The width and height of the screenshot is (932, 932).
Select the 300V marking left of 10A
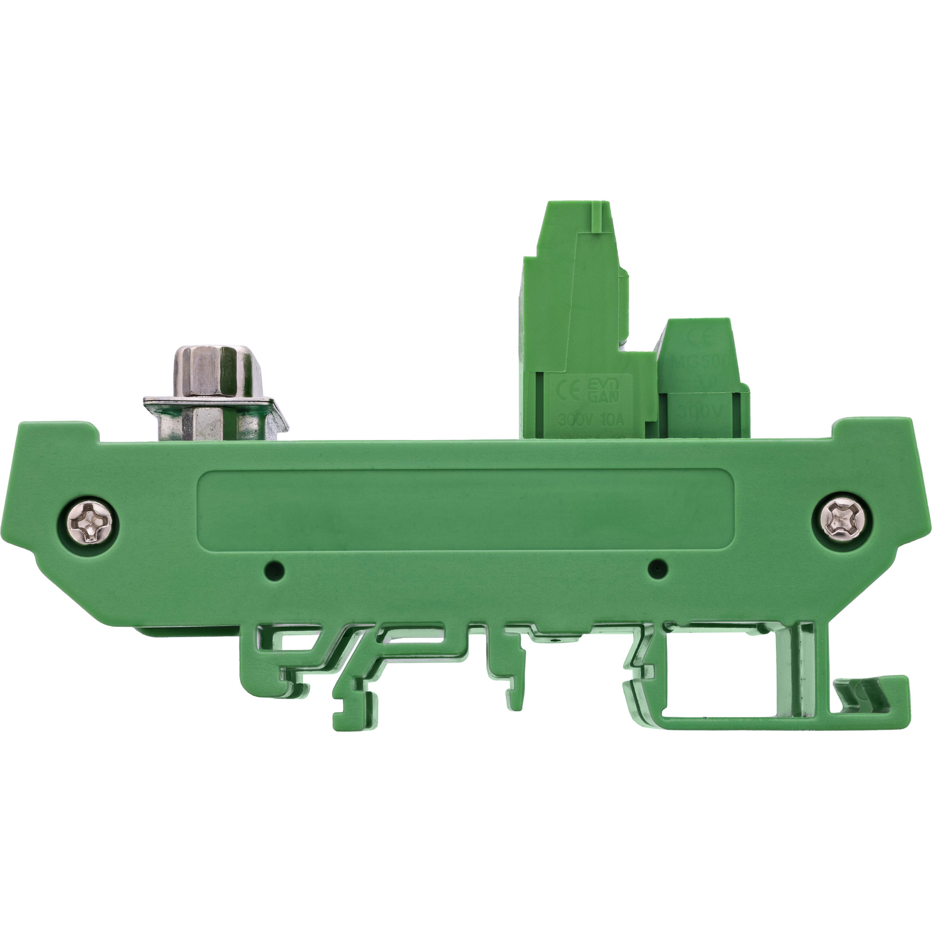[574, 420]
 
